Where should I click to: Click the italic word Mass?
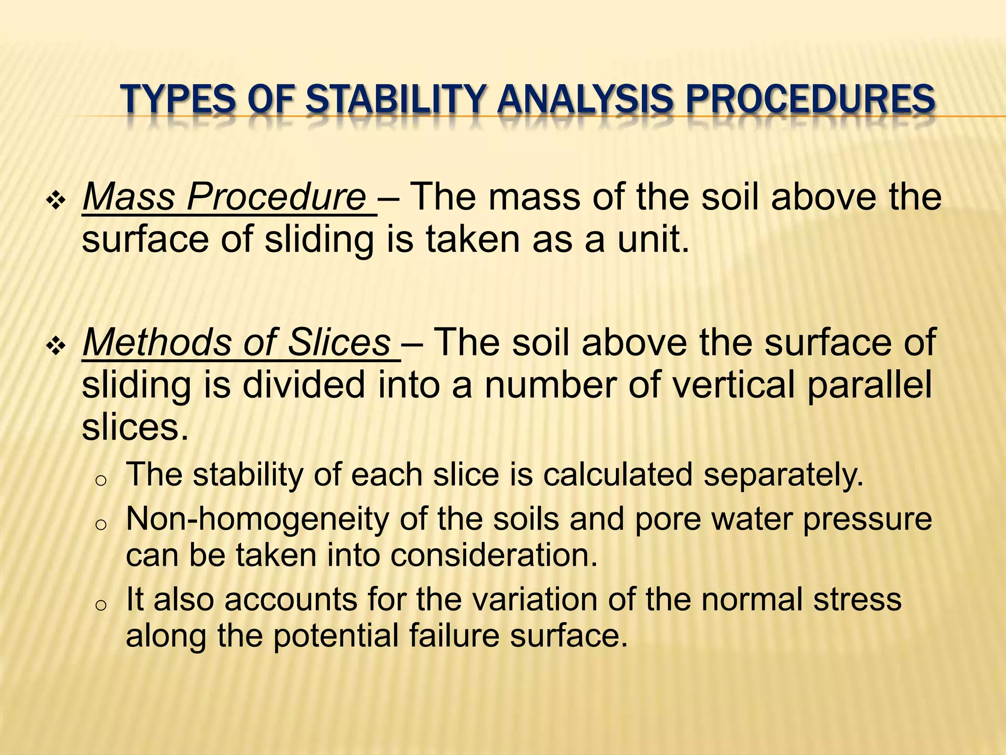pyautogui.click(x=129, y=197)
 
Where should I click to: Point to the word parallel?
pyautogui.click(x=869, y=386)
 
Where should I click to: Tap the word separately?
pyautogui.click(x=783, y=475)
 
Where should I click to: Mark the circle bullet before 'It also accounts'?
pyautogui.click(x=100, y=606)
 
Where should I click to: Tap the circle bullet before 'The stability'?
pyautogui.click(x=100, y=481)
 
